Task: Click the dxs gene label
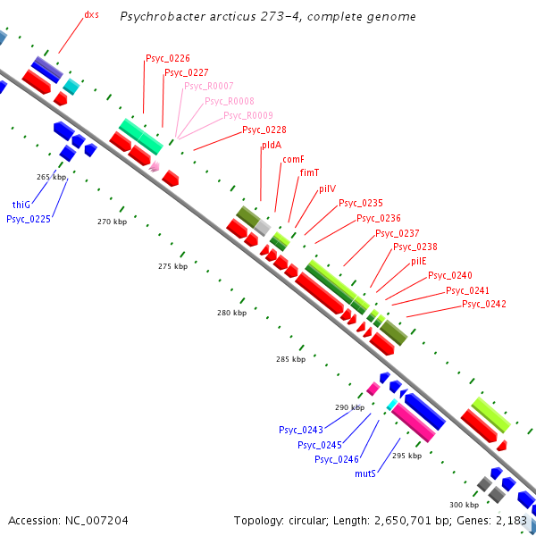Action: click(91, 15)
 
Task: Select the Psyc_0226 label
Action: click(167, 58)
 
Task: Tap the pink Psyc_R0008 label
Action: click(229, 101)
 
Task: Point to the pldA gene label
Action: click(272, 145)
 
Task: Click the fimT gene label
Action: click(310, 172)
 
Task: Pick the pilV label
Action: click(328, 188)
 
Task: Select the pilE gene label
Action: click(419, 261)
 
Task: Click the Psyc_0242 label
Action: click(484, 305)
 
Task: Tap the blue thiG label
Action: click(22, 204)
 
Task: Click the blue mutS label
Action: click(364, 473)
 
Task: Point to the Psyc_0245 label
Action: click(320, 445)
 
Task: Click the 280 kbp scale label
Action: click(231, 313)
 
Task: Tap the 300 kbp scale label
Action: click(464, 505)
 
